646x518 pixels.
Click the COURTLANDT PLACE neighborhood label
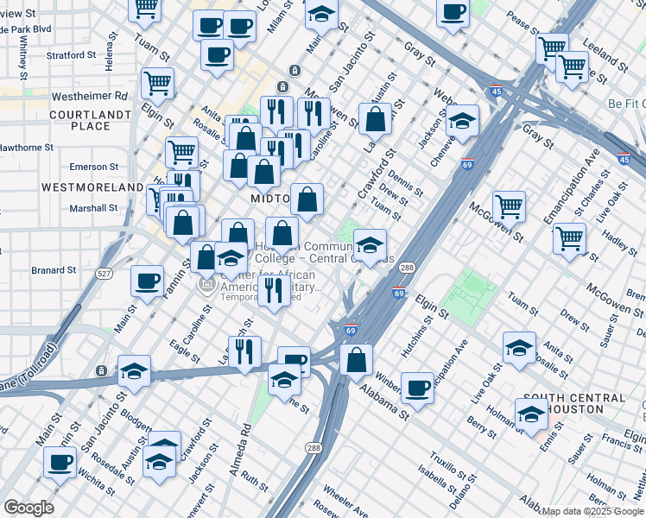[79, 120]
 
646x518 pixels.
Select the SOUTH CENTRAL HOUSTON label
[573, 404]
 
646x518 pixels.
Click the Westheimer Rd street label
[90, 96]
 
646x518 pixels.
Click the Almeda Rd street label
[246, 436]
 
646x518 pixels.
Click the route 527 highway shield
[104, 273]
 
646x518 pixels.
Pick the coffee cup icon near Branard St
[147, 280]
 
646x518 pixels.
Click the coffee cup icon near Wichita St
[60, 461]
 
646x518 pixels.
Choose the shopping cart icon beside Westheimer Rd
[158, 83]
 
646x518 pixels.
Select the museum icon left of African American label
[206, 284]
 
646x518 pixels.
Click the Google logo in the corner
[28, 508]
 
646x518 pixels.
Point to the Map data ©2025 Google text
[592, 511]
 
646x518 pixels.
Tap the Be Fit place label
[624, 104]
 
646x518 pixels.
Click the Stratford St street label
[71, 55]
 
